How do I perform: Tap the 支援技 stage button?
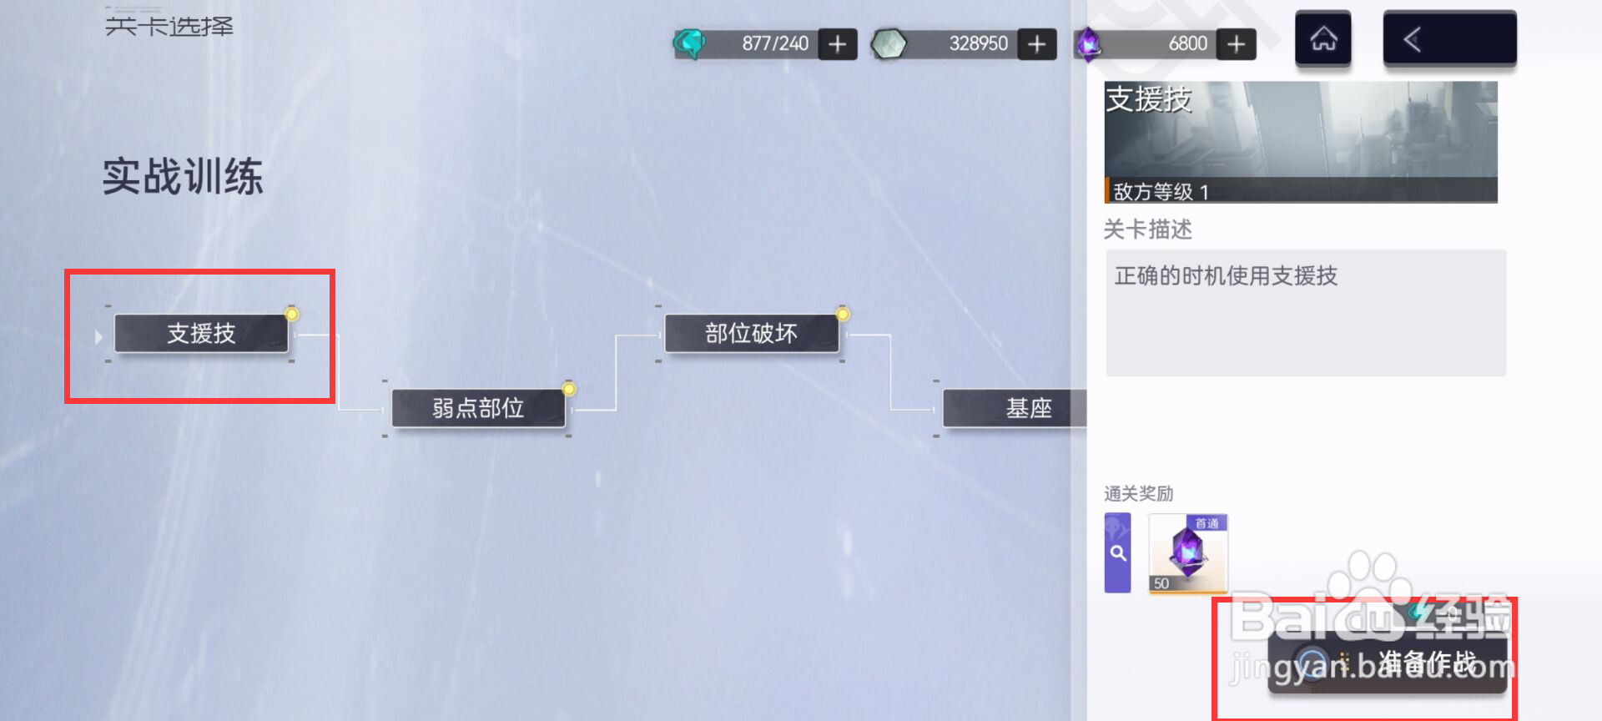(201, 334)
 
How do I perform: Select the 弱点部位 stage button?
(478, 408)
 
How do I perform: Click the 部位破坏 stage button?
(751, 334)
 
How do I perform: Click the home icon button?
(1322, 39)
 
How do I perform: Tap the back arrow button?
(1449, 39)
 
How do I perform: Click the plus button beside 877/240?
(838, 44)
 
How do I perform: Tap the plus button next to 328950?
(1037, 44)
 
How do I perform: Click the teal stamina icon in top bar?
(690, 43)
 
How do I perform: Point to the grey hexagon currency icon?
(889, 44)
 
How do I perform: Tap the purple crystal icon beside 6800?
(1088, 44)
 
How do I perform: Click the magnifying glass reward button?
(1118, 553)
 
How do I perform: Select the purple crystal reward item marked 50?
(1187, 553)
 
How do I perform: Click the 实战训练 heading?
(183, 177)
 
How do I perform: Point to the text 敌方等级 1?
(1161, 192)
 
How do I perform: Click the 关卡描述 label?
(1147, 229)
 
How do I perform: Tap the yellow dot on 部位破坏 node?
(843, 315)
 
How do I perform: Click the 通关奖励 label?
(1138, 494)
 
